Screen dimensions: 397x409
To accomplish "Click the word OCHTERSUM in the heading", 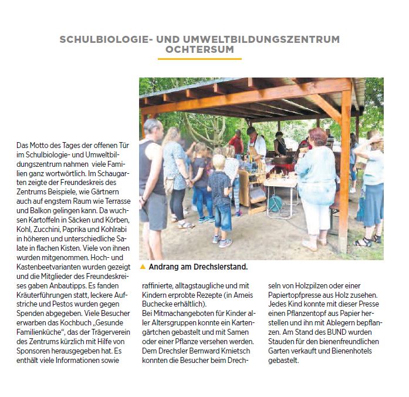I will pyautogui.click(x=200, y=51).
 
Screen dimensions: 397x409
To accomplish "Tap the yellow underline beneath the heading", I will pyautogui.click(x=200, y=59).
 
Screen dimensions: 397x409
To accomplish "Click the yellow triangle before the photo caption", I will pyautogui.click(x=143, y=267).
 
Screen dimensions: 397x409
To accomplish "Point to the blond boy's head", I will pyautogui.click(x=219, y=162).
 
